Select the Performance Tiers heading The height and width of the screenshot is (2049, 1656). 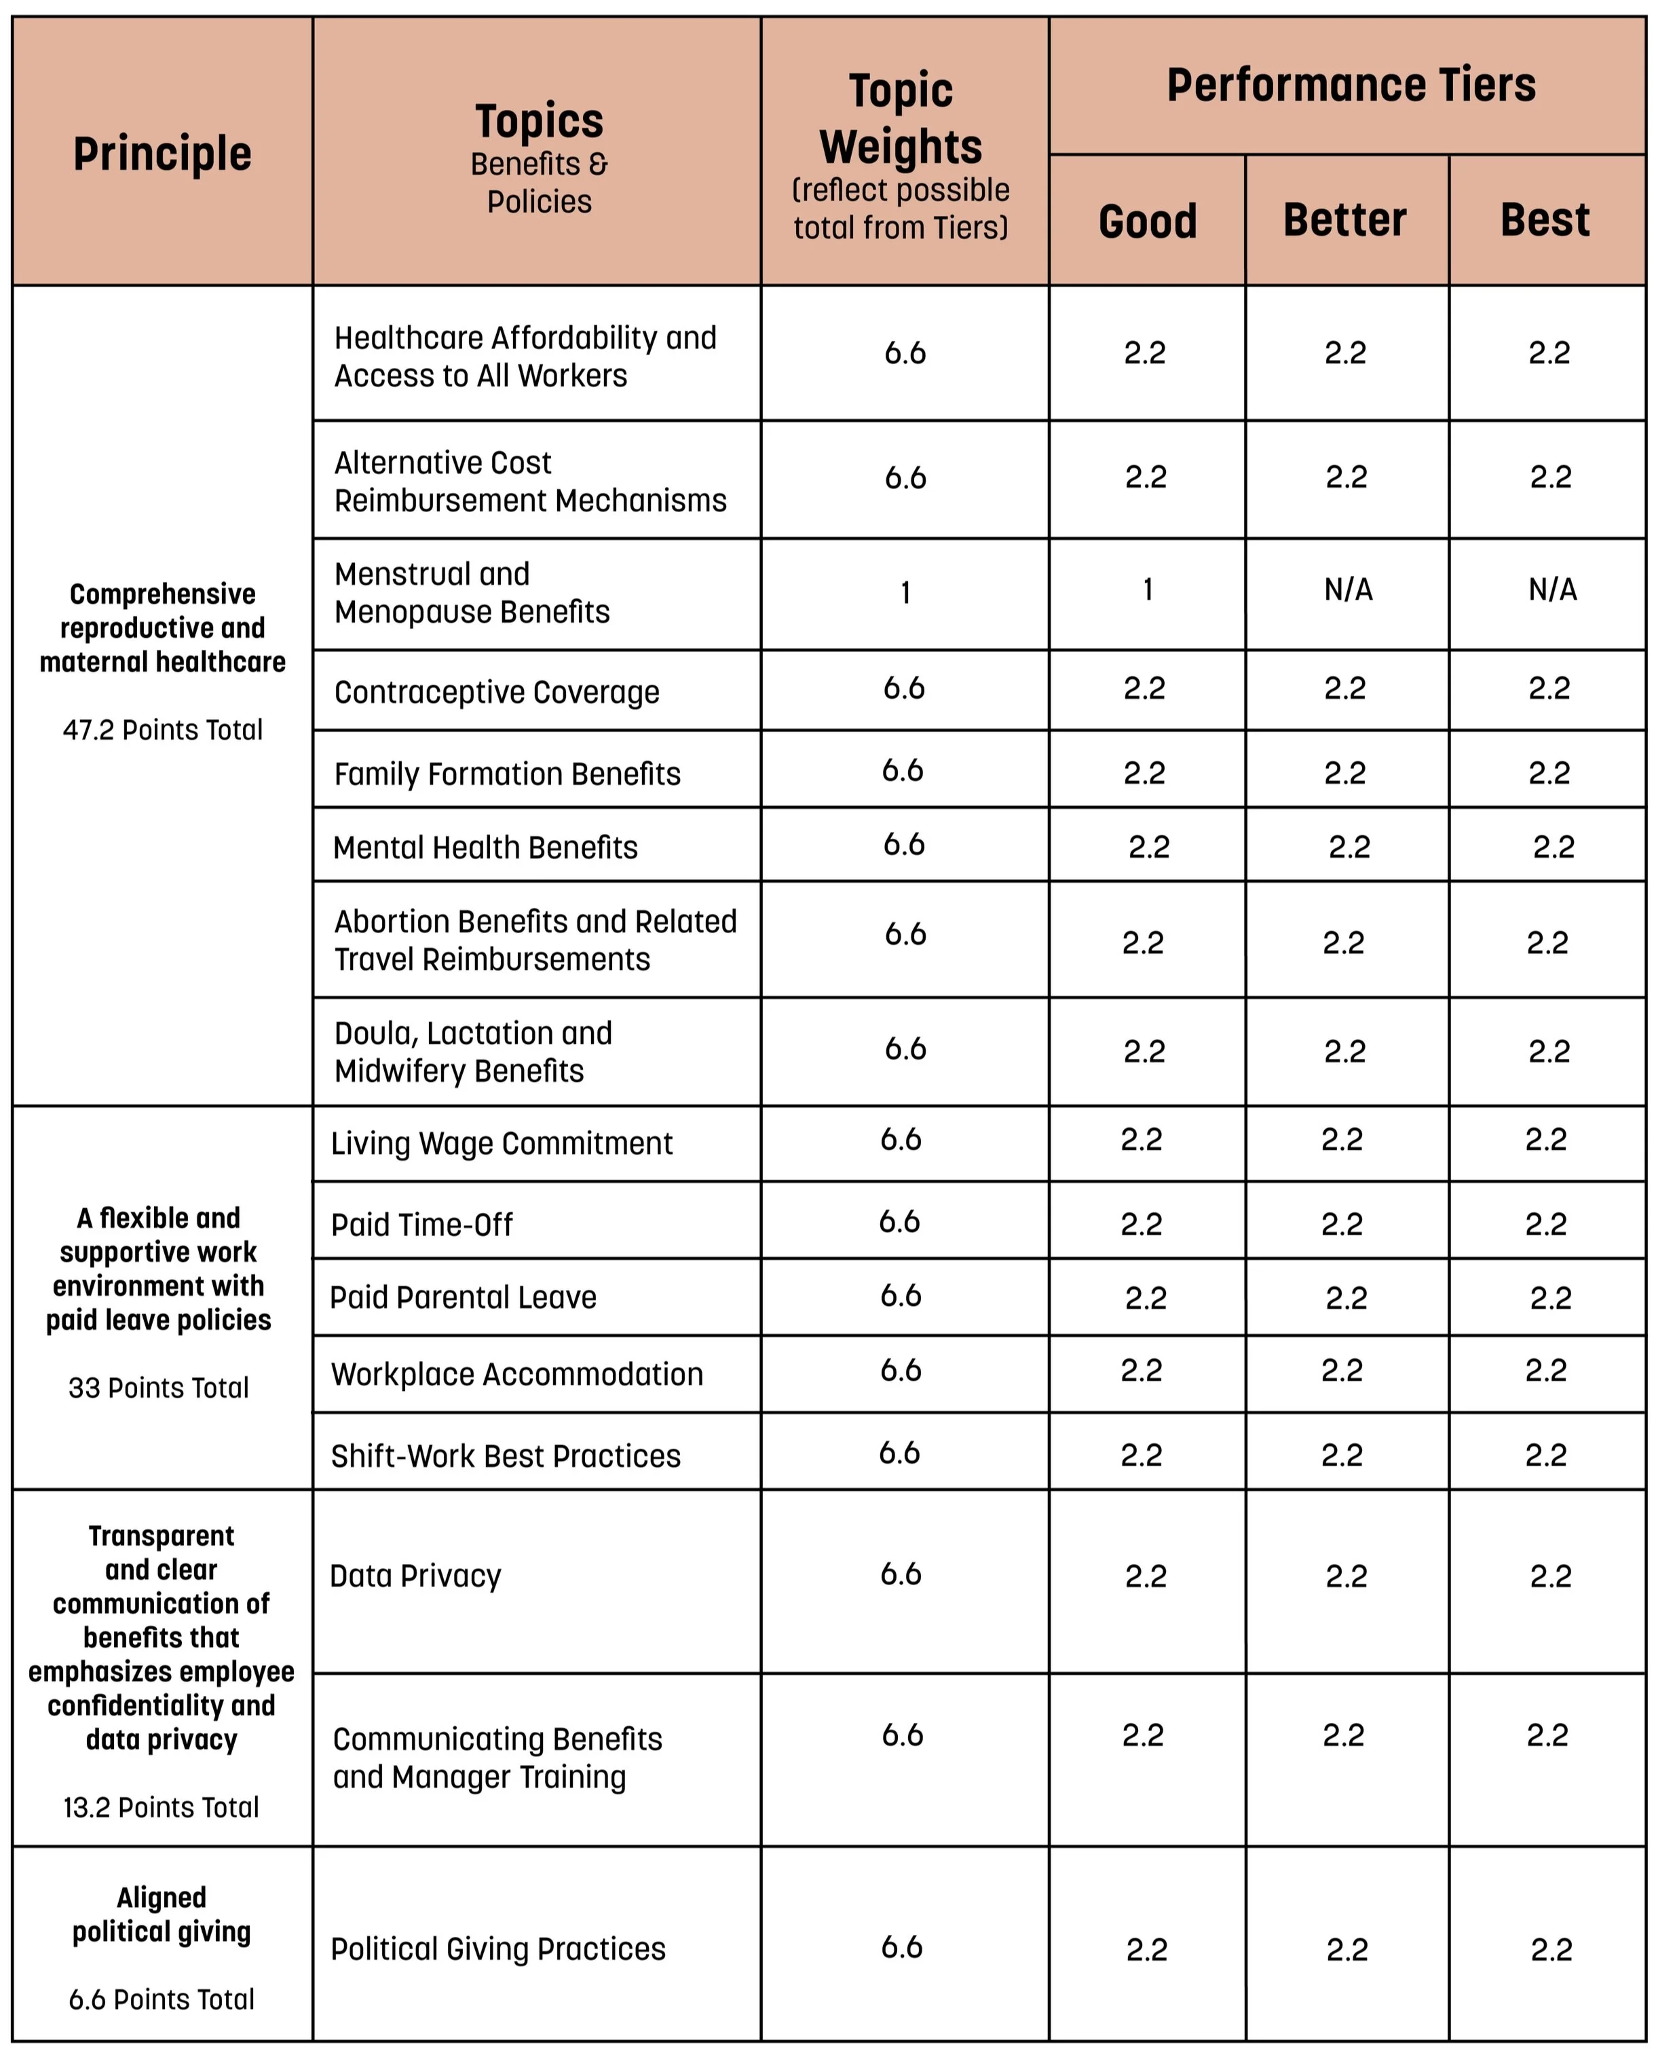pyautogui.click(x=1351, y=85)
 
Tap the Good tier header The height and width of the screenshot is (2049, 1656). pyautogui.click(x=1148, y=221)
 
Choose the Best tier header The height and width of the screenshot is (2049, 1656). pyautogui.click(x=1545, y=221)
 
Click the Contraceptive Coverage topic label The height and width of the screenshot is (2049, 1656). pyautogui.click(x=496, y=692)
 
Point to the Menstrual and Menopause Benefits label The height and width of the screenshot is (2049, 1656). pyautogui.click(x=471, y=593)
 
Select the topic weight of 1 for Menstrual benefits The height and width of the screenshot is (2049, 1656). pyautogui.click(x=905, y=593)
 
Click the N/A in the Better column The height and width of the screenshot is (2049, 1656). pyautogui.click(x=1348, y=590)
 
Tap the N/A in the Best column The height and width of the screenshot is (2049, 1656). pyautogui.click(x=1552, y=590)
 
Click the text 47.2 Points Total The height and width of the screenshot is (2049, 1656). pyautogui.click(x=162, y=730)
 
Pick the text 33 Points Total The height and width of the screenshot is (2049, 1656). pyautogui.click(x=158, y=1388)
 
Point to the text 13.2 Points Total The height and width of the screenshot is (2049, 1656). pyautogui.click(x=162, y=1807)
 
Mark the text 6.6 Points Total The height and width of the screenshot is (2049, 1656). pyautogui.click(x=162, y=1999)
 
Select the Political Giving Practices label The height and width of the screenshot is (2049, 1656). pyautogui.click(x=498, y=1948)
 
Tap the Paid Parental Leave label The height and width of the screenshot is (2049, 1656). pyautogui.click(x=463, y=1298)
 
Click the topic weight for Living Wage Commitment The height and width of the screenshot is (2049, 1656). pyautogui.click(x=901, y=1140)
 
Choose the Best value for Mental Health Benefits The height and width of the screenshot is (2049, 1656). pyautogui.click(x=1553, y=846)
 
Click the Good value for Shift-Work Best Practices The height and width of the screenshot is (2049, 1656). pyautogui.click(x=1141, y=1455)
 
